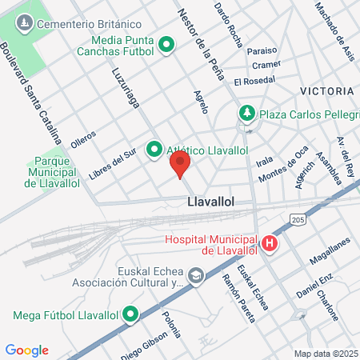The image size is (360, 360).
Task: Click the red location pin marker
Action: (180, 164)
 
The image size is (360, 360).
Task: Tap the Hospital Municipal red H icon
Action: (270, 244)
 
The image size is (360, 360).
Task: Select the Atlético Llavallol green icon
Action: (154, 150)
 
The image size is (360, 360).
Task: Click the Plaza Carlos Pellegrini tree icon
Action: (248, 114)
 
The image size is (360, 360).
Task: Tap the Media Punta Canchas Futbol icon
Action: (166, 44)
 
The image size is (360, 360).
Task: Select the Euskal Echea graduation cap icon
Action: (195, 277)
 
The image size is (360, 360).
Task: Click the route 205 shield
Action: (298, 219)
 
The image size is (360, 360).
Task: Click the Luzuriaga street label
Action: (121, 86)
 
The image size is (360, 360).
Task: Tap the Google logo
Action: (26, 350)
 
